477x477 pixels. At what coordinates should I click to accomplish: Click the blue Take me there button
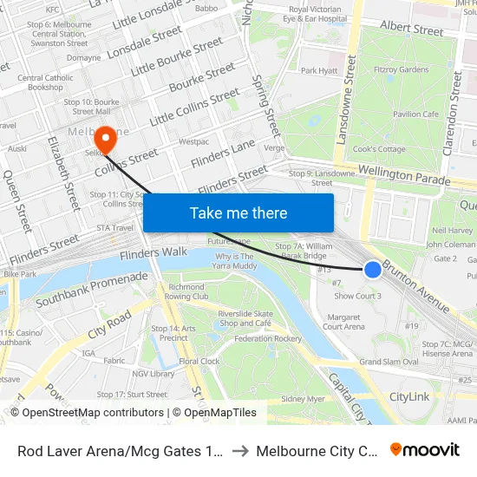(238, 212)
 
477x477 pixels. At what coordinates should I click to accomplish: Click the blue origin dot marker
(373, 270)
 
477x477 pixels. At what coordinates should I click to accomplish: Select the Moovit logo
(424, 449)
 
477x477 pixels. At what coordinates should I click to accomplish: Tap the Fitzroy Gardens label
(402, 69)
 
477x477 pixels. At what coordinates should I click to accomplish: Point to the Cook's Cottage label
(381, 149)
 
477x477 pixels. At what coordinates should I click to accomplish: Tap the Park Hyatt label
(318, 70)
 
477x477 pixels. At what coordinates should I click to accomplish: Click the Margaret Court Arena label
(343, 322)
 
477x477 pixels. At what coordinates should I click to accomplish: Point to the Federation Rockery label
(268, 338)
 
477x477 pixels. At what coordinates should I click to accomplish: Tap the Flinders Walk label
(154, 253)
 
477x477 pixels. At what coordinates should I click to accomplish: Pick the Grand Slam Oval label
(389, 362)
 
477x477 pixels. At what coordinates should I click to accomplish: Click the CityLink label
(409, 396)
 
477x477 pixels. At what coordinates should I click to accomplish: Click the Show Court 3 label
(357, 297)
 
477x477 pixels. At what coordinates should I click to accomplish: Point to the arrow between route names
(241, 450)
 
